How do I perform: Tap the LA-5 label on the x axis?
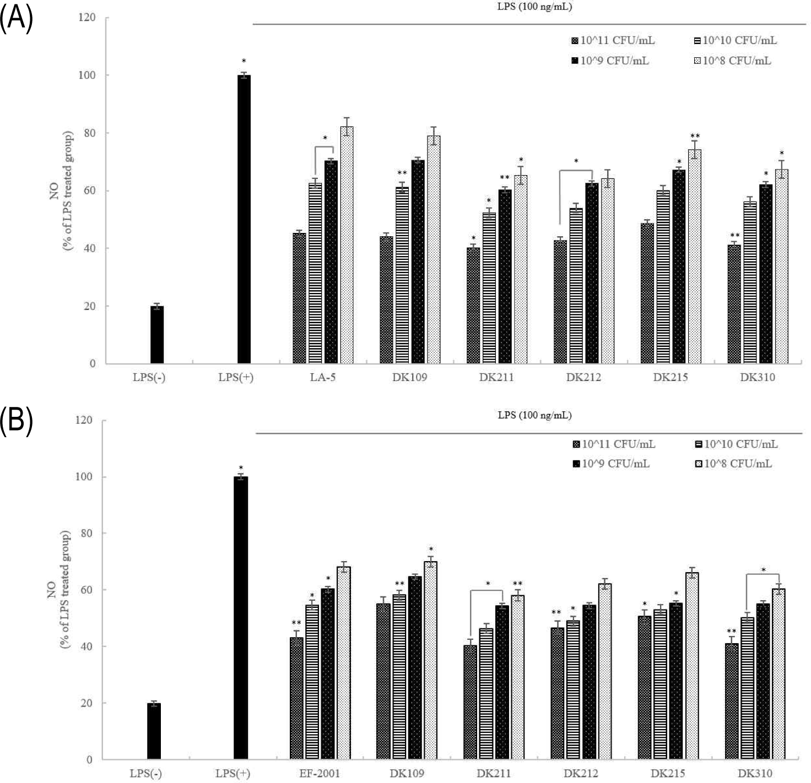point(323,377)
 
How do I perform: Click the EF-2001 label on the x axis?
point(320,773)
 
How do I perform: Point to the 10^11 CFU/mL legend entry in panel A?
point(613,40)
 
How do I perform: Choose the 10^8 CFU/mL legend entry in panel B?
point(733,464)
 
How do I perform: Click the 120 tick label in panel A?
point(85,18)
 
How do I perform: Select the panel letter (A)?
point(17,18)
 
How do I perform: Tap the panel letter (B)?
point(17,421)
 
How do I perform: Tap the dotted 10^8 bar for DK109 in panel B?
point(430,660)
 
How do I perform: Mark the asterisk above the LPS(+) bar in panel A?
point(244,61)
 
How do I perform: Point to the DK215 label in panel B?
point(668,773)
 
